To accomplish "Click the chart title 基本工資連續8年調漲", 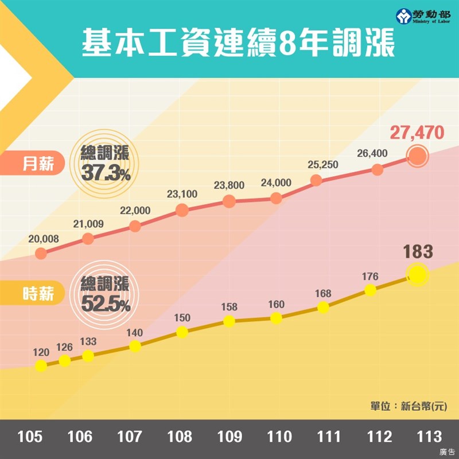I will [x=238, y=44].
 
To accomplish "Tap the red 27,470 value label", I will [x=417, y=133].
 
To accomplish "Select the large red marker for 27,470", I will [x=417, y=155].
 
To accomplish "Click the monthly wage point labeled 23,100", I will [x=182, y=210].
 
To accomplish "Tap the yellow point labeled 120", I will [x=41, y=365].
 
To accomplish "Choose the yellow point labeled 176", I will [x=371, y=290].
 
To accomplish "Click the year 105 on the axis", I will [x=30, y=437].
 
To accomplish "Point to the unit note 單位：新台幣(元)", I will [x=408, y=406].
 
